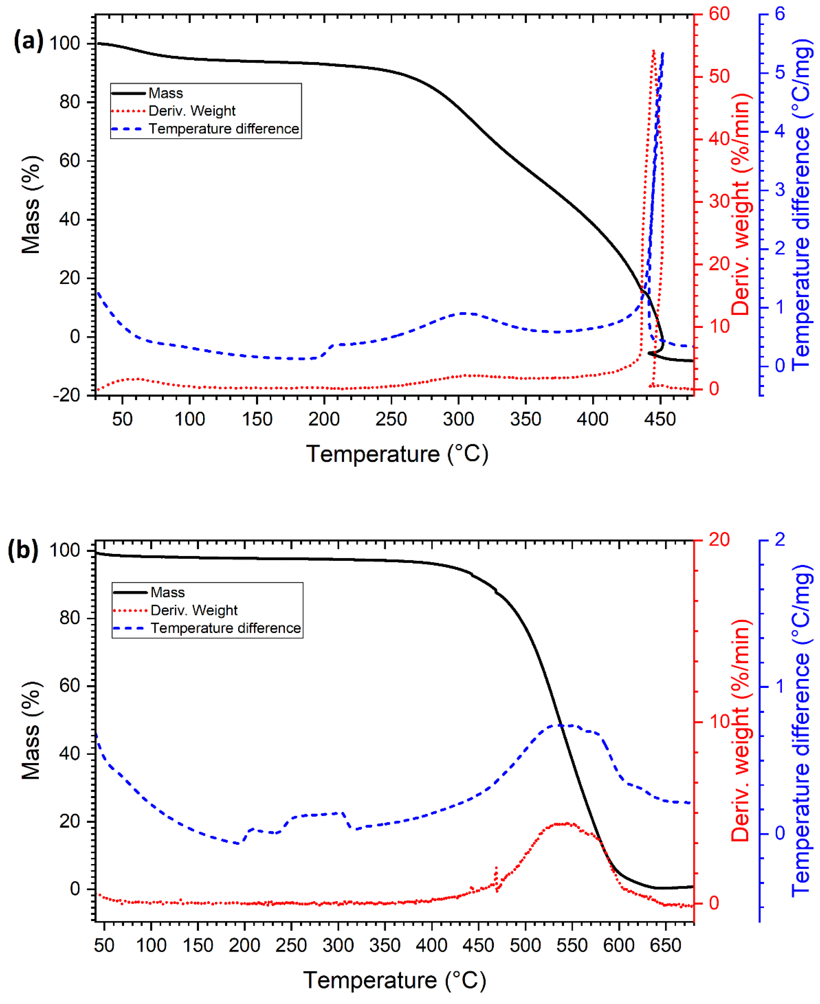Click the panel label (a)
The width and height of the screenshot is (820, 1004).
point(28,41)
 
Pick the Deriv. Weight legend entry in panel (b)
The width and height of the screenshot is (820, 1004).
point(194,610)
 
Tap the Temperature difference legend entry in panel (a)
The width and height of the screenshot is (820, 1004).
point(223,129)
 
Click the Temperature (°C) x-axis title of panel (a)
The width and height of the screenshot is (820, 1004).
point(397,454)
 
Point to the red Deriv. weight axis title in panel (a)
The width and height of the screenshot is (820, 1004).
point(741,204)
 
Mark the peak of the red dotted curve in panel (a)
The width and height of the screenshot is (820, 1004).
point(653,50)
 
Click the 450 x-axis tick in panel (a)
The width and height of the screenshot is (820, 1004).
point(660,419)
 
